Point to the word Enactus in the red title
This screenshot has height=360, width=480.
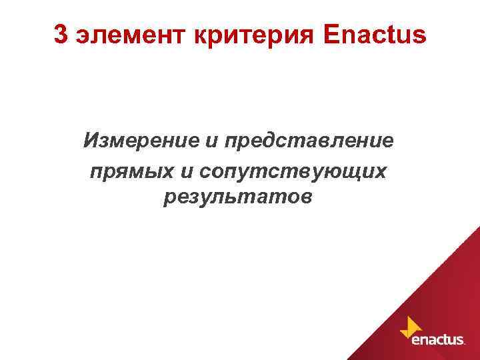372,35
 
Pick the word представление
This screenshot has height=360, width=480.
309,141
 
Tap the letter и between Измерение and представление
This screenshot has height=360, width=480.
211,143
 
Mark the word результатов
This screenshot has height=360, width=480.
237,198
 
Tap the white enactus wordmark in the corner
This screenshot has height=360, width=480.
438,340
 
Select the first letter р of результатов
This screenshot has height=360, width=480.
167,199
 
